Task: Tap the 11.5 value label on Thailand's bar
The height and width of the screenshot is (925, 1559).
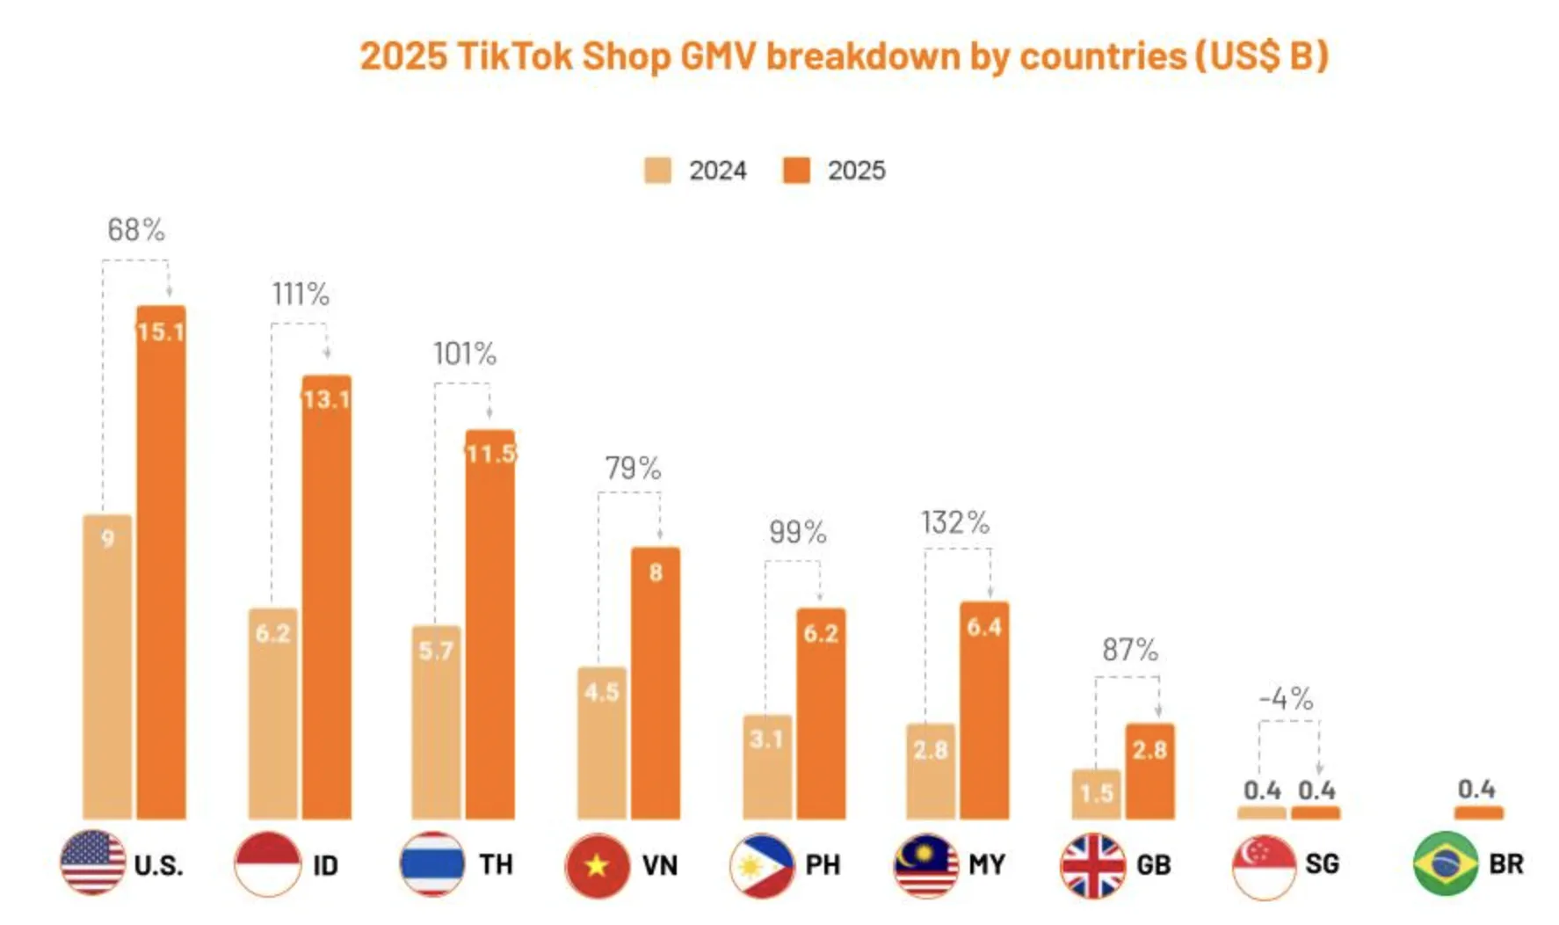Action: click(x=490, y=454)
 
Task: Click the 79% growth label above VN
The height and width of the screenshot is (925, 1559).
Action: click(x=633, y=468)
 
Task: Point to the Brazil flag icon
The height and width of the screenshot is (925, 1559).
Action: click(x=1446, y=863)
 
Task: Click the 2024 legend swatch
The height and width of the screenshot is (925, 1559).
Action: click(x=657, y=171)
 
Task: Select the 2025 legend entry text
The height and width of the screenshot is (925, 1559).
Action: click(x=856, y=171)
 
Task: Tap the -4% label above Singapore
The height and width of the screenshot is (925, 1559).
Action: click(x=1286, y=699)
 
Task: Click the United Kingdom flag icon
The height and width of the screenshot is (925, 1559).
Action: click(x=1092, y=865)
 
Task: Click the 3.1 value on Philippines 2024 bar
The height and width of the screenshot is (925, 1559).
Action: click(x=766, y=739)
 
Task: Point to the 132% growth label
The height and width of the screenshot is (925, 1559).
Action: click(x=955, y=522)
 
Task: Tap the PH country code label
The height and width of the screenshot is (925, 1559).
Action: click(x=823, y=865)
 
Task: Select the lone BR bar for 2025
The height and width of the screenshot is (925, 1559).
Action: click(x=1478, y=812)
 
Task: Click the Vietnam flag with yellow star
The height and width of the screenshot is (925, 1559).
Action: click(x=598, y=865)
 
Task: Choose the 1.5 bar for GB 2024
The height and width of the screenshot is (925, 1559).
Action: click(x=1096, y=793)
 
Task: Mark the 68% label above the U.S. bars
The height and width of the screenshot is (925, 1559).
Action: click(x=136, y=230)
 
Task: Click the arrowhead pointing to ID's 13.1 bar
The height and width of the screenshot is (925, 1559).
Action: click(x=327, y=353)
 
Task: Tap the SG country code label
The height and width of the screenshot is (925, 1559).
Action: click(x=1322, y=864)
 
